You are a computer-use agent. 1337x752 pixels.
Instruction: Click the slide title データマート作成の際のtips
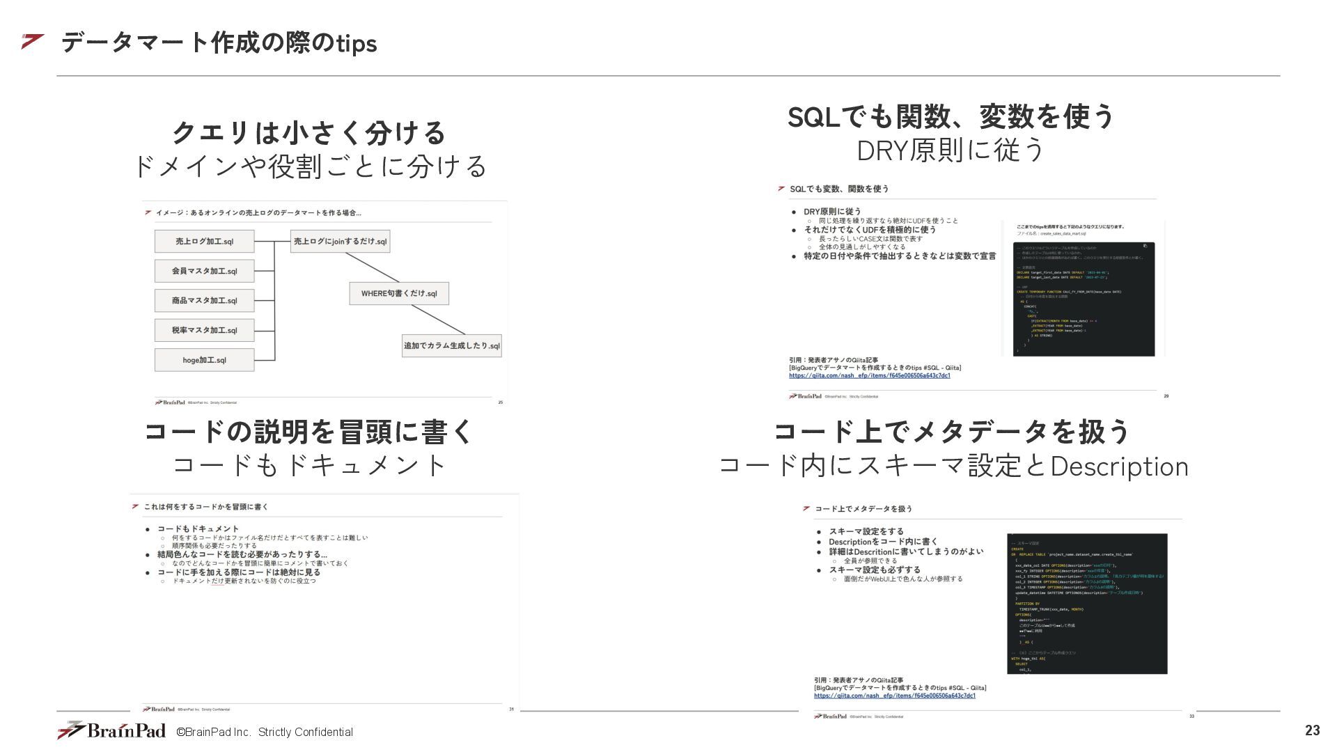[219, 43]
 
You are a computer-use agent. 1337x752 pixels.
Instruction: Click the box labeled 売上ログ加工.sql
[204, 242]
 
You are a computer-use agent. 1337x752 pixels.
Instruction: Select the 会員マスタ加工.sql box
[204, 271]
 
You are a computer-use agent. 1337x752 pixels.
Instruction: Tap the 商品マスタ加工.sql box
[204, 301]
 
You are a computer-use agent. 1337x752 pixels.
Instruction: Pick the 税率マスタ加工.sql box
[204, 330]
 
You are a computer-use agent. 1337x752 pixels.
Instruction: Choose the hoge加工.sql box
[204, 360]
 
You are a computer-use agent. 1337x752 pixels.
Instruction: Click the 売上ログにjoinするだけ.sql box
[340, 241]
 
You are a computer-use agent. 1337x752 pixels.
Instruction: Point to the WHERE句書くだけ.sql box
[399, 293]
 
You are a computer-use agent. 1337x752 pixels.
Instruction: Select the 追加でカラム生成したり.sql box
[451, 345]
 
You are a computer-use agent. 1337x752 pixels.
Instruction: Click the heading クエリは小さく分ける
[308, 132]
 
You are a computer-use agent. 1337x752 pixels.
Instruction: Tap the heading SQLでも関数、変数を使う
[951, 116]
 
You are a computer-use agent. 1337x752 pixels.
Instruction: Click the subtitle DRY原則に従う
[951, 150]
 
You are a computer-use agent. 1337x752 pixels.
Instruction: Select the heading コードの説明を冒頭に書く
[308, 432]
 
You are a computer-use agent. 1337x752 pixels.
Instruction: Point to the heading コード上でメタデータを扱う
[952, 432]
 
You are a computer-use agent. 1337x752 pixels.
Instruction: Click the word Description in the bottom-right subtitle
[1119, 467]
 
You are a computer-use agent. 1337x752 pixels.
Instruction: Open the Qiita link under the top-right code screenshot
[869, 375]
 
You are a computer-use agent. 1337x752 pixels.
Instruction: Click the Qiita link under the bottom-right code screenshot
[894, 696]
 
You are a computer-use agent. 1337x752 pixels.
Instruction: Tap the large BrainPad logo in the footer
[112, 730]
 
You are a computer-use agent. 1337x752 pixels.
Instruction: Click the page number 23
[1312, 730]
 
